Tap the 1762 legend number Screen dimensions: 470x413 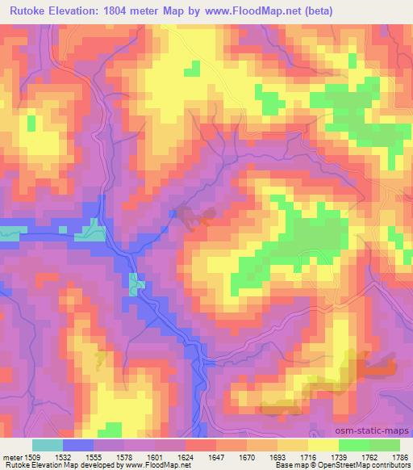368,456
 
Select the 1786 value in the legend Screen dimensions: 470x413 398,456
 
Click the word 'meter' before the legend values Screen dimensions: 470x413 12,456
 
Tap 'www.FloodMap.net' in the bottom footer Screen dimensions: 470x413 152,466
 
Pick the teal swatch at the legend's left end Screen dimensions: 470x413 47,445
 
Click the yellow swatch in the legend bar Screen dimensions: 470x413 324,445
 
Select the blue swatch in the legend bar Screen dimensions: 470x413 77,445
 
